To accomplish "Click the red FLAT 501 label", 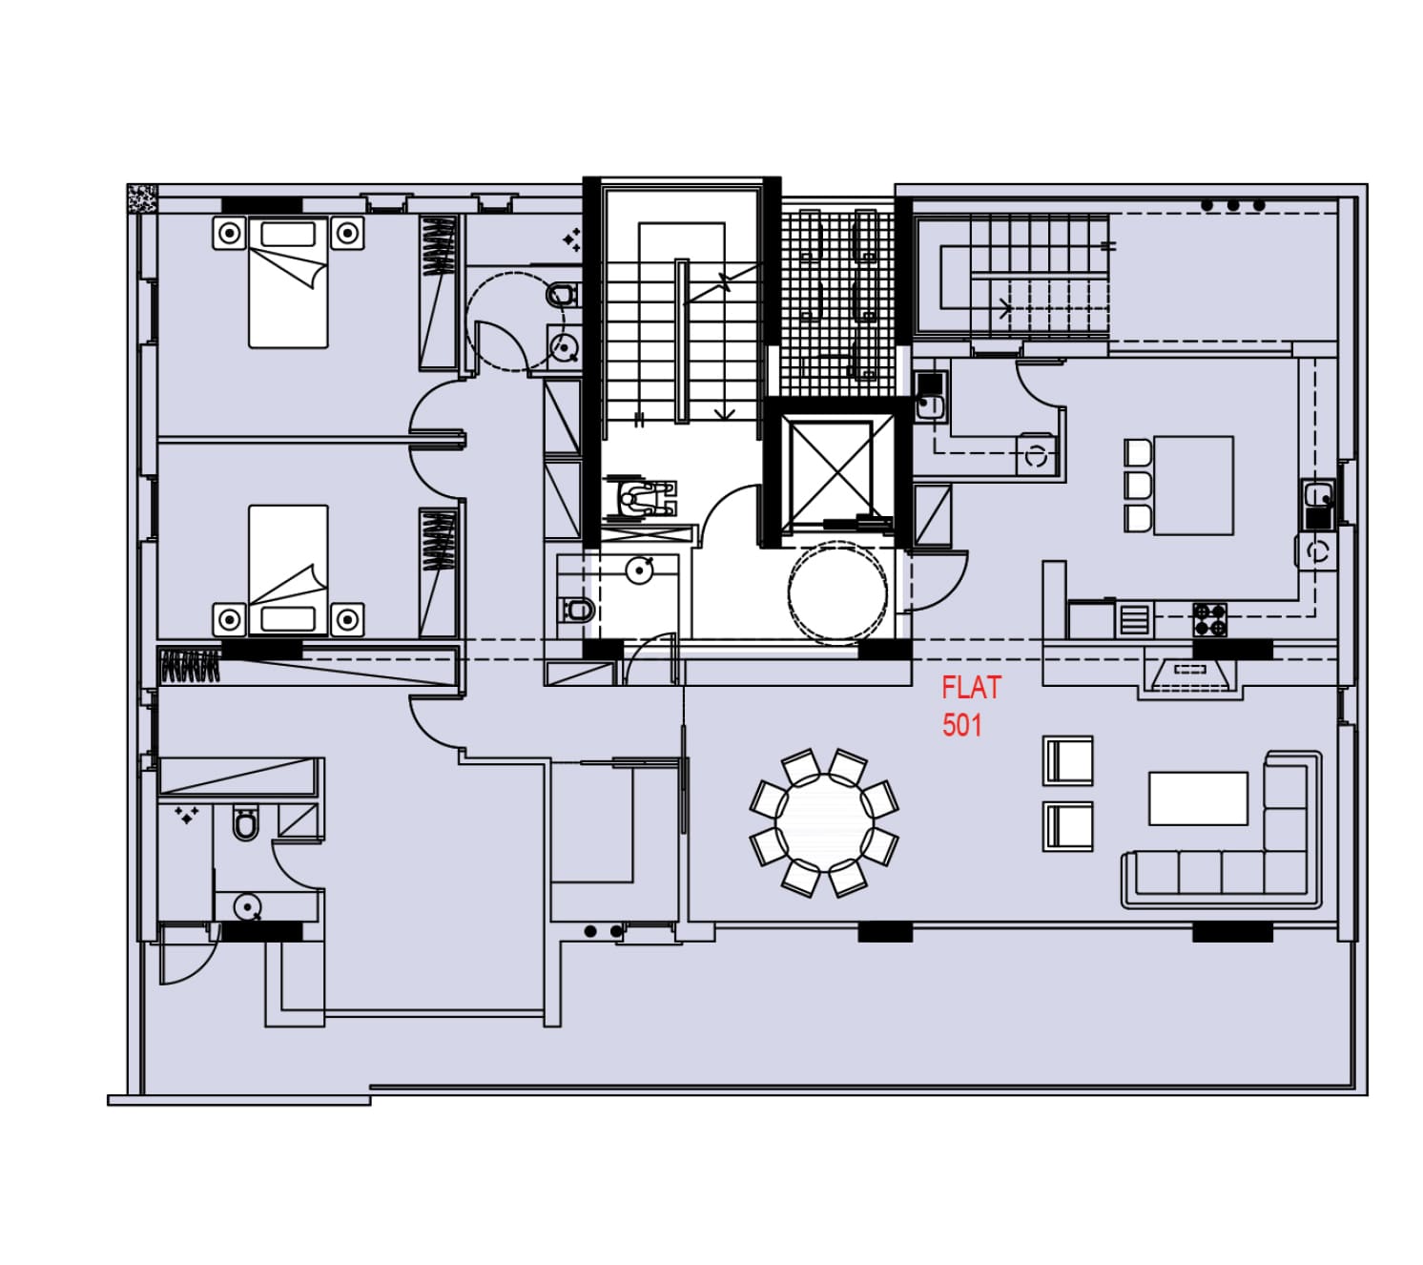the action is (970, 706).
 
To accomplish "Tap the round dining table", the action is (824, 822).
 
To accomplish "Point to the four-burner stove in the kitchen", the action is (1209, 619).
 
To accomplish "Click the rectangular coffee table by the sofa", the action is (1198, 798).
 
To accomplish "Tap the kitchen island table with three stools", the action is (1192, 485).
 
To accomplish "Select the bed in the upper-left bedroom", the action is (288, 282).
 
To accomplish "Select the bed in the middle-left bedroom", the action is (288, 570).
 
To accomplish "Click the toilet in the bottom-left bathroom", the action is (245, 822).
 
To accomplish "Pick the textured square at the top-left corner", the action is (142, 198).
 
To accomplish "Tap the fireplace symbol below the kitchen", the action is (1190, 673).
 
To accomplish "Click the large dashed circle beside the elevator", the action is (837, 592).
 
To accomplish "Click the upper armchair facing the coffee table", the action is (1067, 760).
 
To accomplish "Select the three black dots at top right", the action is (1232, 206).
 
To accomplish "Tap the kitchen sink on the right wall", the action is (1318, 495).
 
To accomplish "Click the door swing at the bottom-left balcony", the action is (187, 956).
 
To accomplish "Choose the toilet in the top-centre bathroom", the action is (563, 295).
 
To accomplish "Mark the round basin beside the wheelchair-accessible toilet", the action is (639, 570).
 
